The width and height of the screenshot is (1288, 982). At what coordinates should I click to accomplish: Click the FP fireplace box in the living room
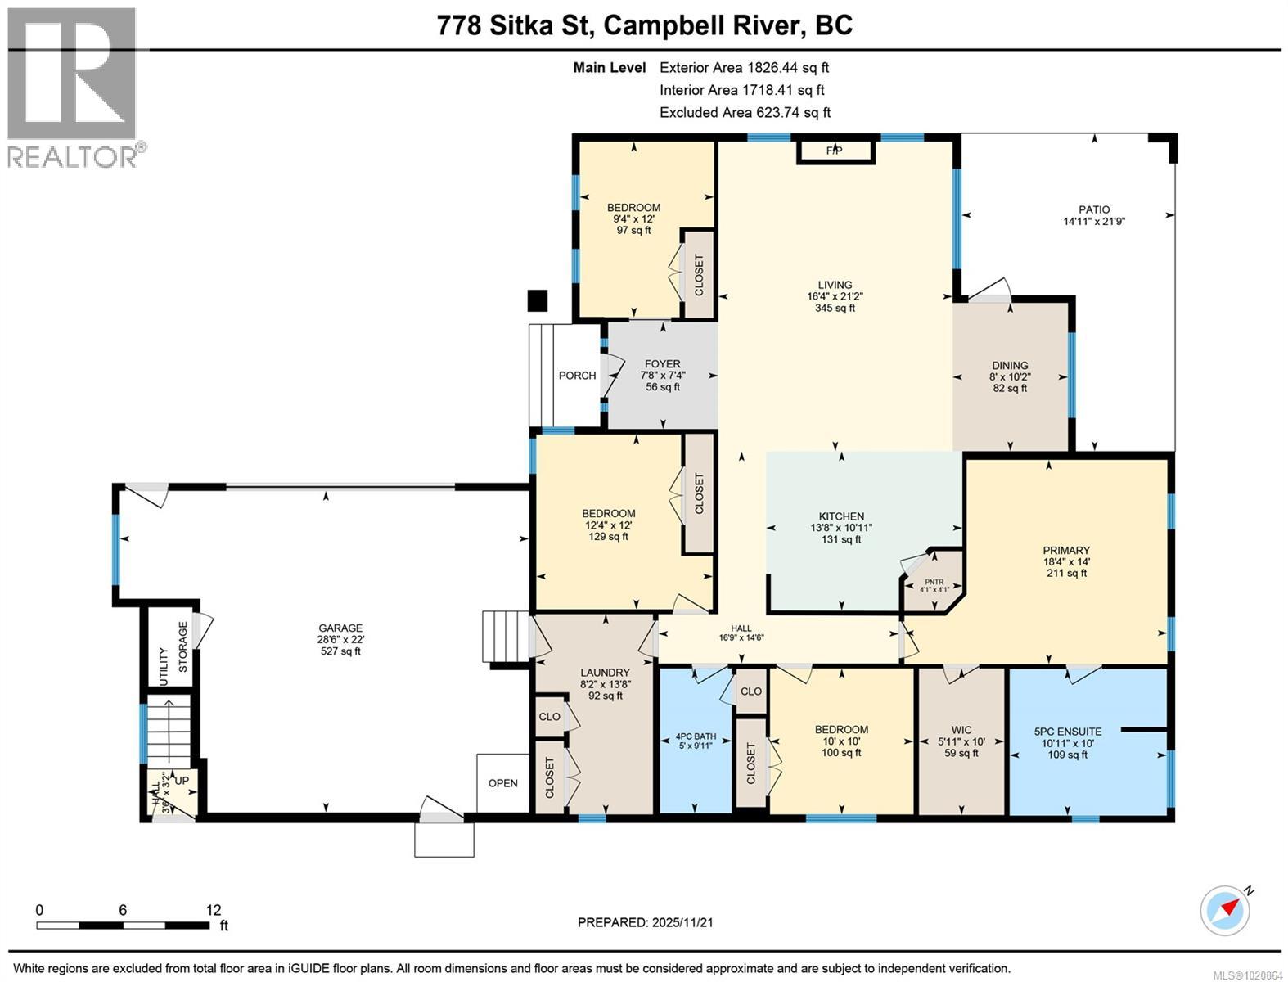pyautogui.click(x=835, y=151)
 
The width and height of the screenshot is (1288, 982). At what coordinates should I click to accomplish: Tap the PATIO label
pyautogui.click(x=1093, y=210)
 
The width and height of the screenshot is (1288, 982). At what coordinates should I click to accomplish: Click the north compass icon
pyautogui.click(x=1225, y=909)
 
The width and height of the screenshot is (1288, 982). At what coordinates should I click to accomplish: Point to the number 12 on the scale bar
pyautogui.click(x=213, y=910)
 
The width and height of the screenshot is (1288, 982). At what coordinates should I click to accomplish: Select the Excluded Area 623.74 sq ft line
pyautogui.click(x=745, y=113)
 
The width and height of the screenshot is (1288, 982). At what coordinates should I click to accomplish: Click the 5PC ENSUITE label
pyautogui.click(x=1067, y=732)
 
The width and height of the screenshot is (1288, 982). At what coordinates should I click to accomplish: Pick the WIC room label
pyautogui.click(x=961, y=730)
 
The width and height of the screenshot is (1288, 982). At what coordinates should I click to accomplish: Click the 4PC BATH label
pyautogui.click(x=696, y=736)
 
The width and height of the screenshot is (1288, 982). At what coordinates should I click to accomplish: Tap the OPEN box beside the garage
pyautogui.click(x=502, y=783)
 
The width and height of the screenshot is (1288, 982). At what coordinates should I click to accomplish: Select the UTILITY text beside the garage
pyautogui.click(x=164, y=667)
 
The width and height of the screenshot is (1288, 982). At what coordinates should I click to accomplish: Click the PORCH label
pyautogui.click(x=577, y=376)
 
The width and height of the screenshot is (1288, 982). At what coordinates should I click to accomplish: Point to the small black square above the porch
pyautogui.click(x=537, y=301)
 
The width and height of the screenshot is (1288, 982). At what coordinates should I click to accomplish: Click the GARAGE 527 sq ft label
pyautogui.click(x=340, y=640)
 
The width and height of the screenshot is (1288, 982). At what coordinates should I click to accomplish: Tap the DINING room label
pyautogui.click(x=1010, y=366)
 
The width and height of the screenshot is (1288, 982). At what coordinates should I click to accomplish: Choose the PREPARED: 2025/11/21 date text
pyautogui.click(x=646, y=922)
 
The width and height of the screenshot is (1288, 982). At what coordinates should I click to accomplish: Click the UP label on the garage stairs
pyautogui.click(x=182, y=781)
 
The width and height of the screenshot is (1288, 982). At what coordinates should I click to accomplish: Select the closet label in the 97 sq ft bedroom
pyautogui.click(x=700, y=275)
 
